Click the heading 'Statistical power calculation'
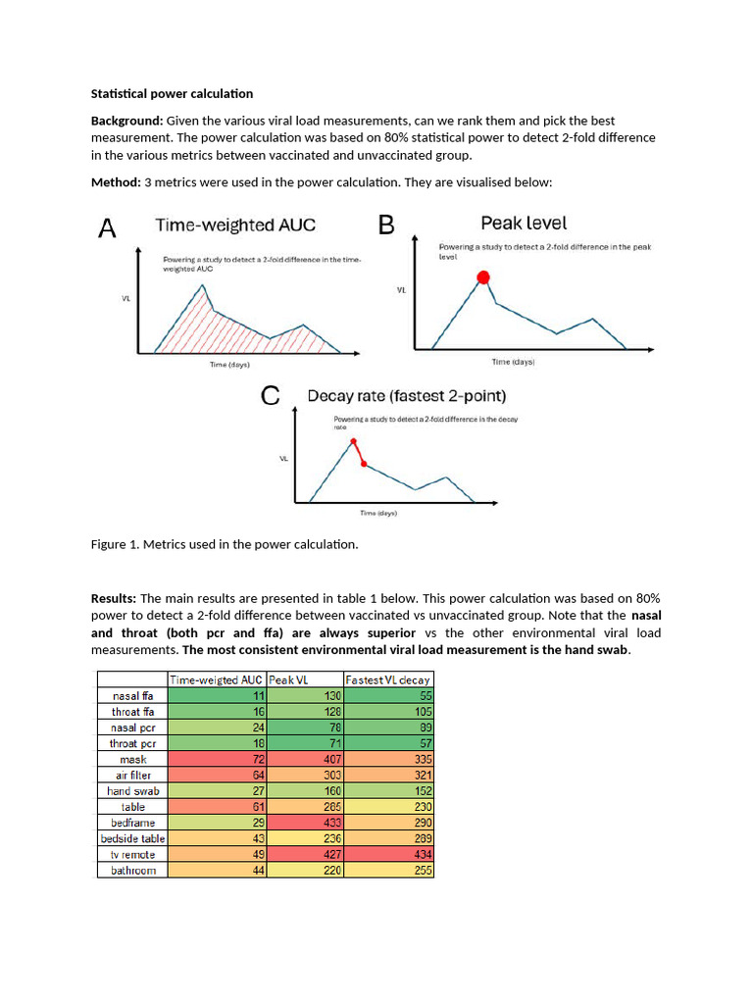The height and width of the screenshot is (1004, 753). (x=172, y=94)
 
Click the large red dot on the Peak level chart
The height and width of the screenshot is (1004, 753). (x=482, y=278)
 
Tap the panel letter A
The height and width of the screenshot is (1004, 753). (x=108, y=229)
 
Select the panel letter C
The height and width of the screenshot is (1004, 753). (x=272, y=397)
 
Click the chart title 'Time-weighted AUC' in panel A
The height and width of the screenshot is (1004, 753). (x=235, y=226)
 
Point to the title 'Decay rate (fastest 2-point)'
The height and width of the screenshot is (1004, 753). (x=407, y=397)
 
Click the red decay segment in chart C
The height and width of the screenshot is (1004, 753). (x=359, y=453)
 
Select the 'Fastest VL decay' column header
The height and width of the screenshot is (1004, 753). (x=388, y=679)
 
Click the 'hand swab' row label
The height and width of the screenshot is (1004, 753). (x=132, y=790)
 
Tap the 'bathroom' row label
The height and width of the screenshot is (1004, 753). (x=132, y=870)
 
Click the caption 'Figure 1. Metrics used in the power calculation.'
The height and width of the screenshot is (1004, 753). (x=225, y=545)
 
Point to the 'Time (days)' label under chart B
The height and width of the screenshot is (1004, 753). (x=512, y=362)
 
